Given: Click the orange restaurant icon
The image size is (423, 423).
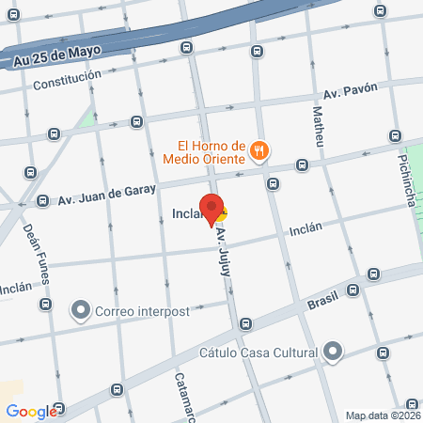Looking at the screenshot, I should (x=260, y=149).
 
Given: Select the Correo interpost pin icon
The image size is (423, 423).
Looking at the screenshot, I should (x=81, y=309).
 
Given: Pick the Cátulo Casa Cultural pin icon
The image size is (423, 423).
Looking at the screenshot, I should (x=331, y=353).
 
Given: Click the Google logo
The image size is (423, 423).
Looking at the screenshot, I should (x=31, y=411).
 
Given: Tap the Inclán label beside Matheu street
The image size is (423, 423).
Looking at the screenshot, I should (x=305, y=228).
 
